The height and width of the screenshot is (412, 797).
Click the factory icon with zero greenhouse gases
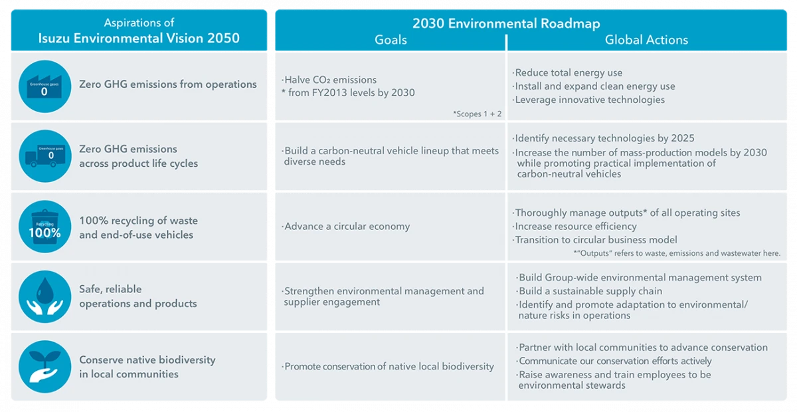(x=44, y=86)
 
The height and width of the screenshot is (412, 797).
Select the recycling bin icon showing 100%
(x=44, y=227)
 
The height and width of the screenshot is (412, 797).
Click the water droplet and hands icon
(x=44, y=296)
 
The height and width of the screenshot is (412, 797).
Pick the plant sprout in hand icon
(x=44, y=367)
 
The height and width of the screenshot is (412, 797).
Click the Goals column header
(x=391, y=40)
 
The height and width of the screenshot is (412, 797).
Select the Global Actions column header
(x=646, y=40)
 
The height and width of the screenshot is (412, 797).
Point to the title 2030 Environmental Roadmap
(x=506, y=24)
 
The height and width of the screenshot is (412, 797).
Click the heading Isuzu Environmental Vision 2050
(x=139, y=39)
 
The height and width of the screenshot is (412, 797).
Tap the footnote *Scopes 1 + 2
(x=477, y=114)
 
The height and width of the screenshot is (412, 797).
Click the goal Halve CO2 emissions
(x=330, y=80)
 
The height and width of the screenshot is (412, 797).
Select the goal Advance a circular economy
(x=347, y=227)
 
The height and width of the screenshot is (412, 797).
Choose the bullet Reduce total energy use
(x=569, y=72)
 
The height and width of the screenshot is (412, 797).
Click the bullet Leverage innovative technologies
(x=589, y=100)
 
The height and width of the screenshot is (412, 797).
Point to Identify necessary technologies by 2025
(x=604, y=138)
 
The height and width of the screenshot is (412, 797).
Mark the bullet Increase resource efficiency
(x=575, y=227)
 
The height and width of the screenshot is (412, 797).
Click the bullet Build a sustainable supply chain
(x=590, y=291)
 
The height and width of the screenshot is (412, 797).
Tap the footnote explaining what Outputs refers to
(x=676, y=253)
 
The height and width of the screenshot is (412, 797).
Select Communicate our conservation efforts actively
(x=614, y=361)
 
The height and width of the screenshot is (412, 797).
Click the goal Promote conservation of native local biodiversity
(x=389, y=366)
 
